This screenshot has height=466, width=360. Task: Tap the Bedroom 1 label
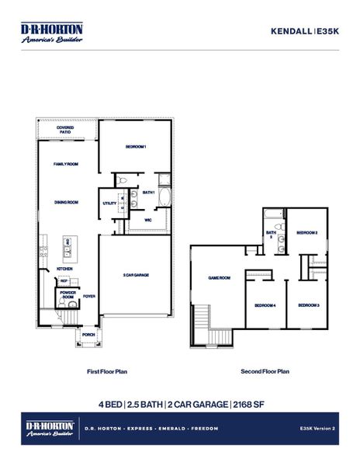pyautogui.click(x=136, y=146)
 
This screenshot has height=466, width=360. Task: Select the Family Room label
pyautogui.click(x=65, y=165)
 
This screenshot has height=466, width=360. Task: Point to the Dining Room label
pyautogui.click(x=66, y=202)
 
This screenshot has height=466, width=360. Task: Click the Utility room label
pyautogui.click(x=109, y=203)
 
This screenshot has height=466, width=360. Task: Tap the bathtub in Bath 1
pyautogui.click(x=164, y=200)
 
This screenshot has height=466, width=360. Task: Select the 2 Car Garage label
pyautogui.click(x=136, y=275)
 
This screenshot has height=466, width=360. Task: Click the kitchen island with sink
pyautogui.click(x=67, y=247)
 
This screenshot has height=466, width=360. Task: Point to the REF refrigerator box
pyautogui.click(x=64, y=280)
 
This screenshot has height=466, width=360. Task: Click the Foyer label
pyautogui.click(x=89, y=296)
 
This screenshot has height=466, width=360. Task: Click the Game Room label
pyautogui.click(x=220, y=277)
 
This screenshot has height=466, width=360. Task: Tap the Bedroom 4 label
pyautogui.click(x=265, y=305)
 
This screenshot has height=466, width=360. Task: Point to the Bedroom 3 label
pyautogui.click(x=309, y=305)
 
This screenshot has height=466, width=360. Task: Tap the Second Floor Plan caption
pyautogui.click(x=265, y=371)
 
